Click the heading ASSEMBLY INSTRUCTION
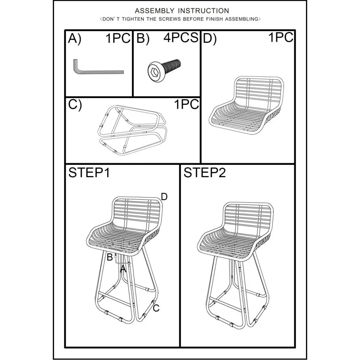(x=182, y=11)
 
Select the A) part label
(x=75, y=38)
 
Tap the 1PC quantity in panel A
(x=118, y=38)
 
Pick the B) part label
(x=143, y=38)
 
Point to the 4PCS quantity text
(x=181, y=38)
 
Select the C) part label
(x=75, y=105)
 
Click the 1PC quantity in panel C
(x=186, y=104)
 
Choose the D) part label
(x=210, y=38)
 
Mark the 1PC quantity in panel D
(x=281, y=37)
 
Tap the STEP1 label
(x=89, y=172)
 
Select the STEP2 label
(x=204, y=172)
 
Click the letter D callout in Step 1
(x=164, y=197)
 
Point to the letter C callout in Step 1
(x=156, y=308)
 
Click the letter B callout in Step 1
(x=110, y=257)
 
